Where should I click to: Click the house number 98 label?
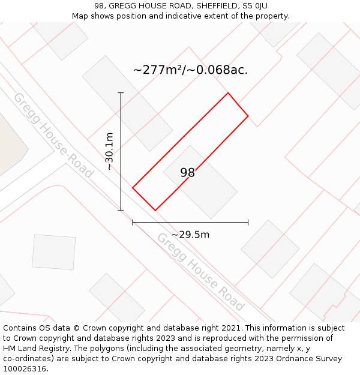click(188, 173)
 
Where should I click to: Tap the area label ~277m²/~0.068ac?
click(190, 70)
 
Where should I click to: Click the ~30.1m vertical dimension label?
click(109, 151)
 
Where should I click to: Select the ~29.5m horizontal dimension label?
click(190, 235)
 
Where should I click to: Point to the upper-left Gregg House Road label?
click(53, 135)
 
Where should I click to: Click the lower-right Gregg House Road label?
click(200, 271)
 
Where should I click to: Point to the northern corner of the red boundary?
click(228, 93)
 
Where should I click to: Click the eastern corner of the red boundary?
click(248, 115)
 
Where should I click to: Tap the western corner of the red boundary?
click(133, 188)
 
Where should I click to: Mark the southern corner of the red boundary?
click(155, 210)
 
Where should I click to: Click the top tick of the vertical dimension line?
click(121, 93)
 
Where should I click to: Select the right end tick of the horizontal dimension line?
click(248, 223)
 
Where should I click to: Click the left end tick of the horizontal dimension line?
click(133, 223)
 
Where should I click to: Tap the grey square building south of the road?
click(53, 252)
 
